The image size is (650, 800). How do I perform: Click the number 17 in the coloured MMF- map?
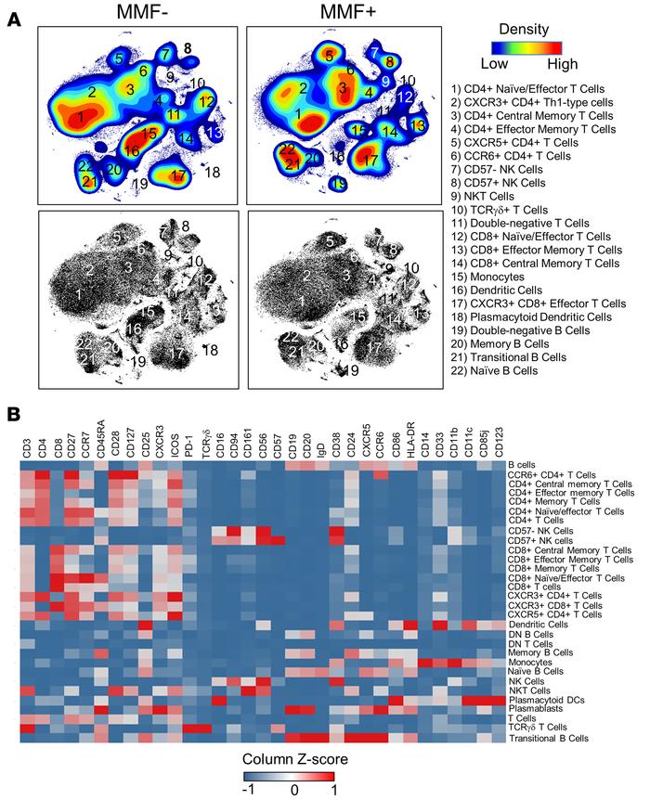[x=179, y=175]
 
